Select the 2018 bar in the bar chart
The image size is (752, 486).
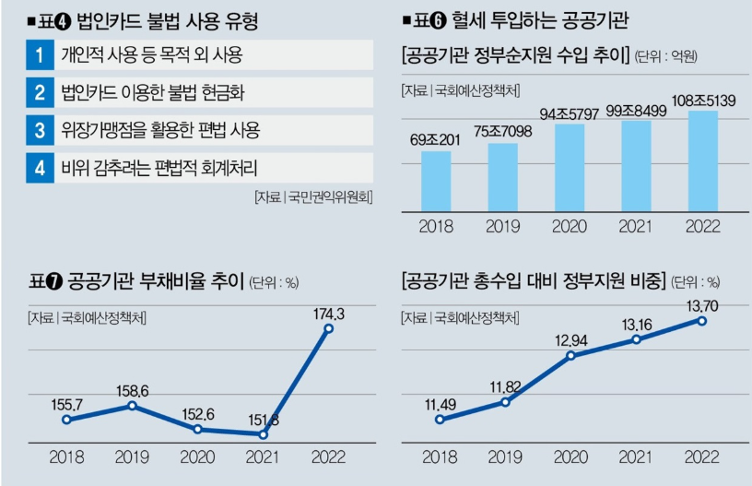[x=436, y=182]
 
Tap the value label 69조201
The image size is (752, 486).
[x=436, y=141]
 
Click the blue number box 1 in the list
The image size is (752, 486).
[x=40, y=55]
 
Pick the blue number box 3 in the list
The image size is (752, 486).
[x=40, y=130]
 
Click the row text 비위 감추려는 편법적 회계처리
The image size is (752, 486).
[x=159, y=168]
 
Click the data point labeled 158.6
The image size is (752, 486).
[x=133, y=405]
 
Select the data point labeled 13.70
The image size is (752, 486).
[x=702, y=320]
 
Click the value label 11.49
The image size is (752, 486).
[x=440, y=403]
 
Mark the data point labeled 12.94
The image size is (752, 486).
[x=570, y=355]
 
